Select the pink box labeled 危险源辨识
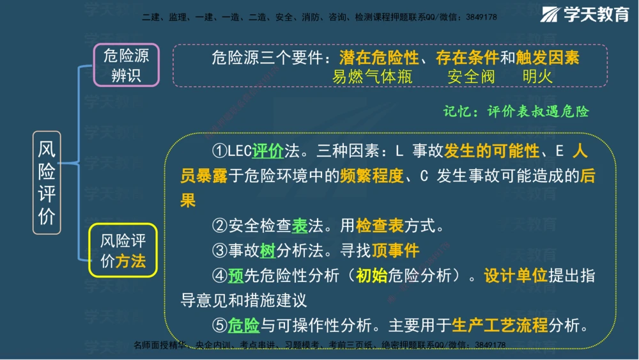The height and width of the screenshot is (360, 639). pyautogui.click(x=126, y=65)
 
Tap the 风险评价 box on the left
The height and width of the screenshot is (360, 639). pyautogui.click(x=47, y=182)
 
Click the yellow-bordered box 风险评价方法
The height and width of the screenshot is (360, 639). pyautogui.click(x=123, y=250)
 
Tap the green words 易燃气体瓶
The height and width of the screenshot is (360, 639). pyautogui.click(x=372, y=77)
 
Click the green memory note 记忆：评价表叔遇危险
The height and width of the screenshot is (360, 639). pyautogui.click(x=516, y=111)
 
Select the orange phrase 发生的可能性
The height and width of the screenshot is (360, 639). pyautogui.click(x=492, y=152)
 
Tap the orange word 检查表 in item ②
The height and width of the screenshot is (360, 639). pyautogui.click(x=380, y=226)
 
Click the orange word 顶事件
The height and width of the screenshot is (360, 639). pyautogui.click(x=396, y=251)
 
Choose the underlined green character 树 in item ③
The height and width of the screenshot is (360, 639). pyautogui.click(x=267, y=251)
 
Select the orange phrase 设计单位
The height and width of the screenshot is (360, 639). pyautogui.click(x=516, y=276)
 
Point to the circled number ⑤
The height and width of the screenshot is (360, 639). pyautogui.click(x=220, y=325)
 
